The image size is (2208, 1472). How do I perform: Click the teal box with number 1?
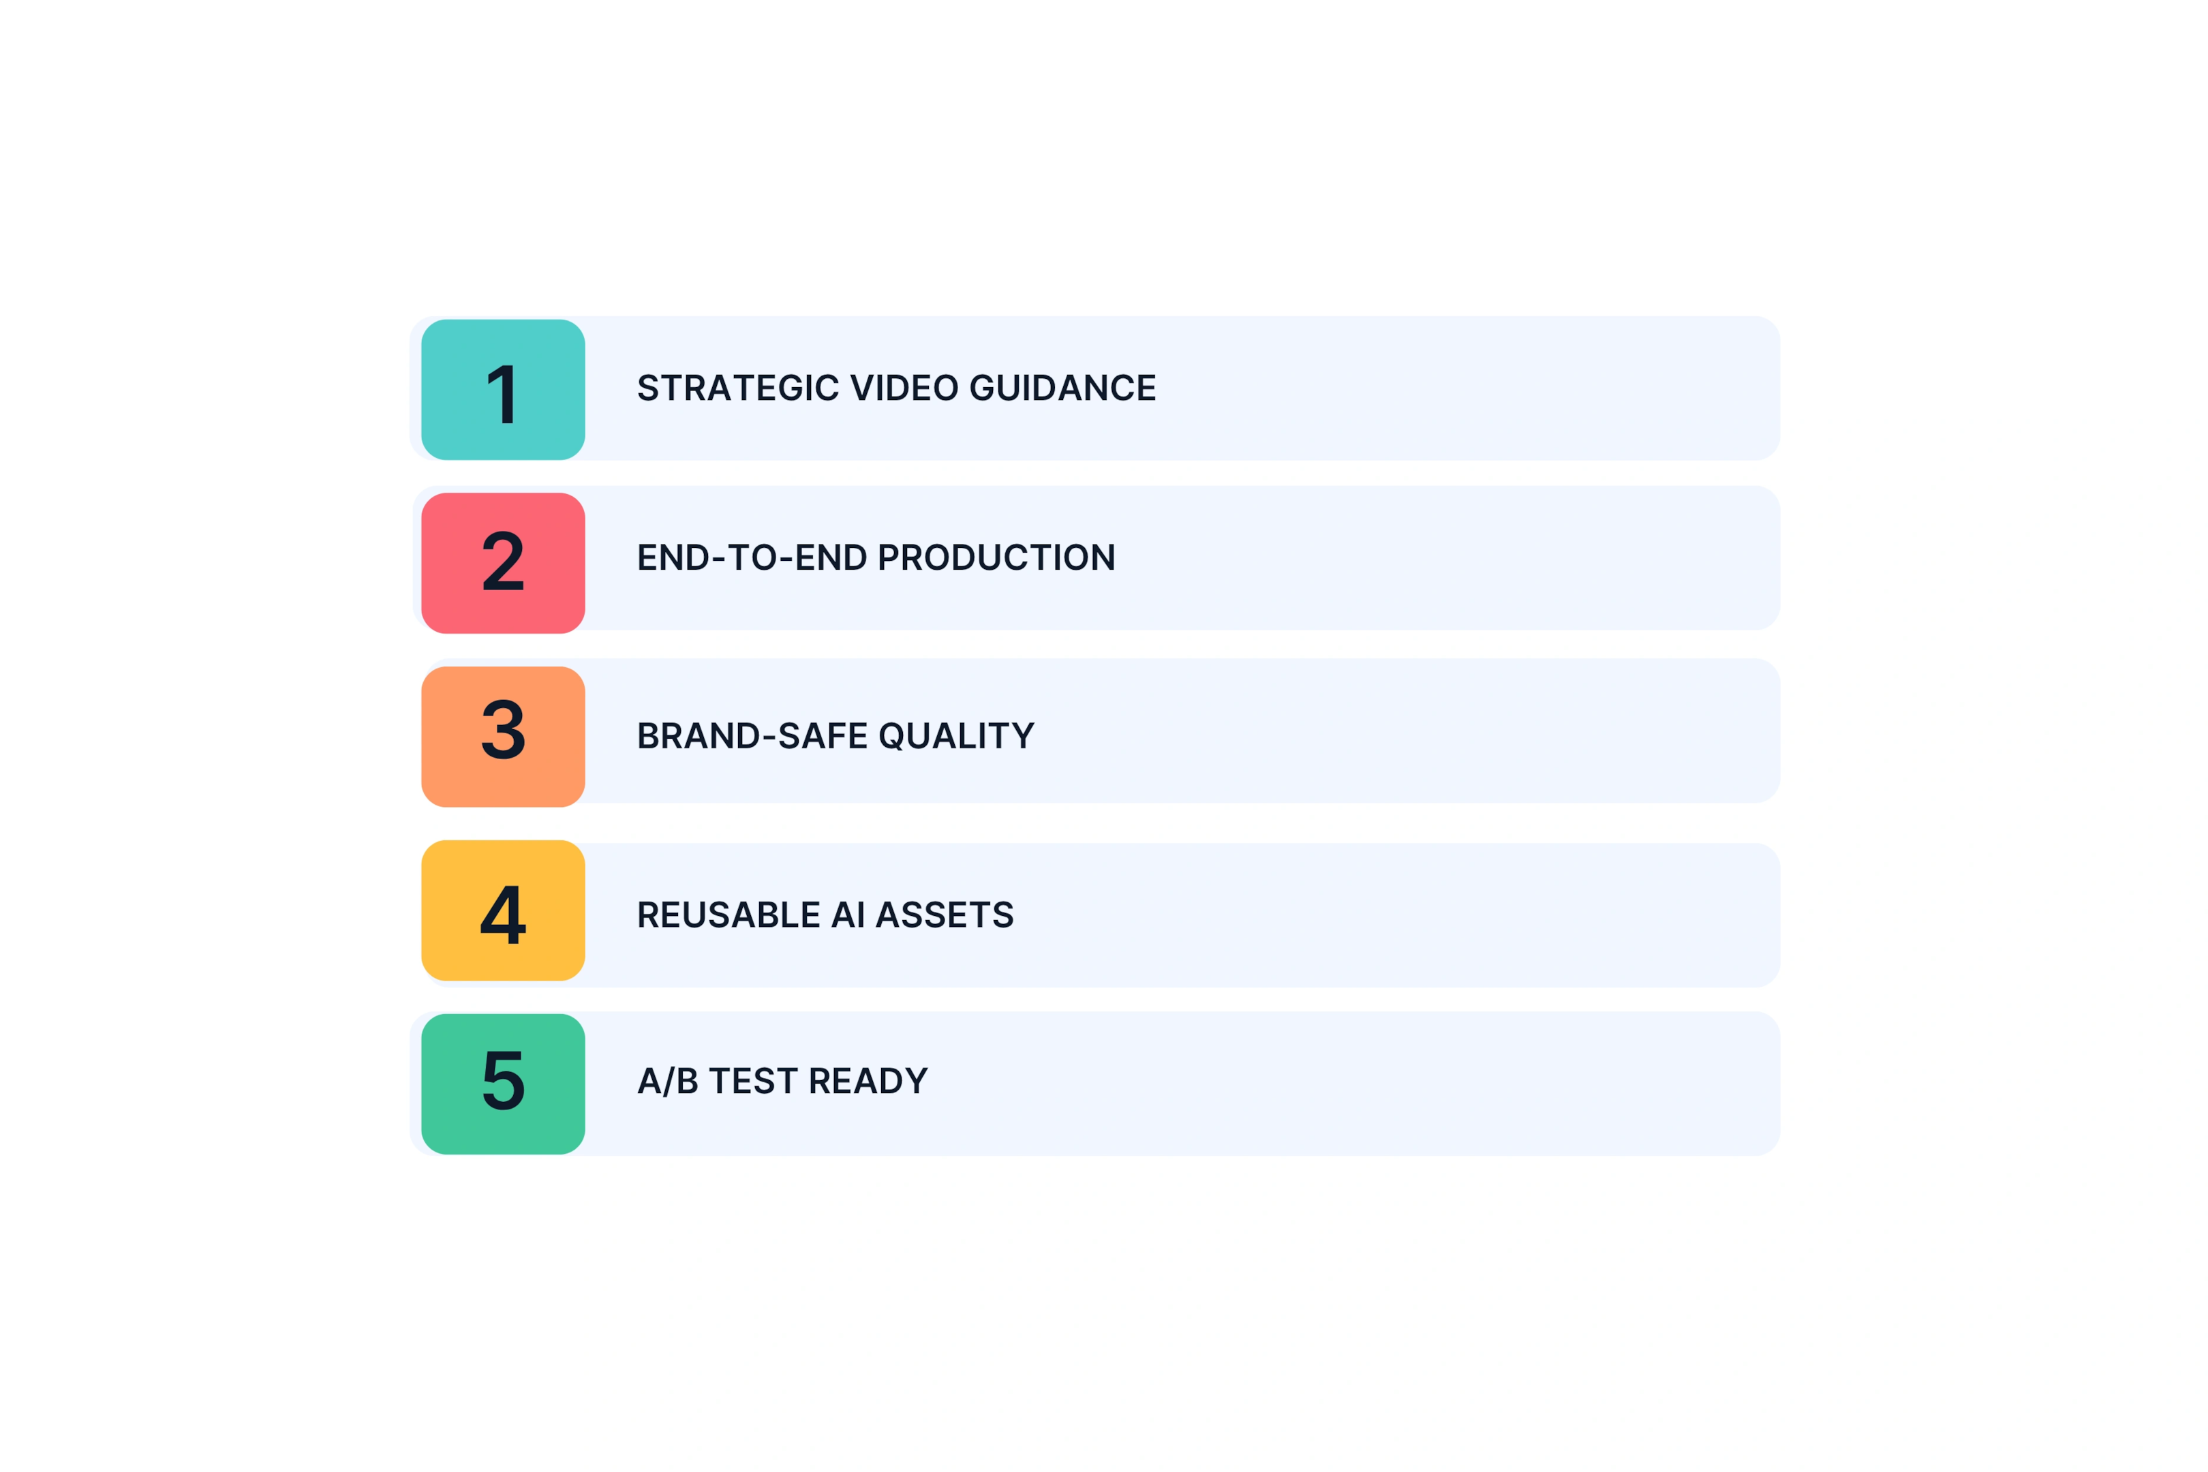(503, 390)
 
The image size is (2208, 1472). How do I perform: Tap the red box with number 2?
(503, 564)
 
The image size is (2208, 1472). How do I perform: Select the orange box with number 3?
(503, 737)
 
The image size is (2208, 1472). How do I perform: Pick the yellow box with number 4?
(503, 910)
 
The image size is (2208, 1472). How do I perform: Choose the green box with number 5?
(503, 1084)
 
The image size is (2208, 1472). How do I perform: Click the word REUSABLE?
(729, 915)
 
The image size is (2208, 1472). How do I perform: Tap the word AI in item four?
(848, 915)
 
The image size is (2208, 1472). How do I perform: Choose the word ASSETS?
(945, 915)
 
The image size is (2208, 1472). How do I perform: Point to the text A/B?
(667, 1082)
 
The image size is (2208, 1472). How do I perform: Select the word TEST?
(753, 1082)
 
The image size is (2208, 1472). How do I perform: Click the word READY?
(868, 1082)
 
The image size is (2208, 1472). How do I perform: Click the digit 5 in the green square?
(503, 1079)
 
